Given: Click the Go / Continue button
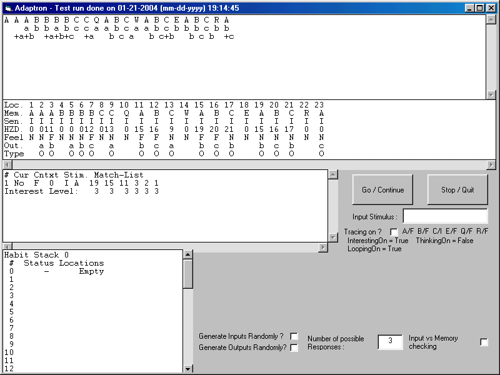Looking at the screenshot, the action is (x=382, y=190).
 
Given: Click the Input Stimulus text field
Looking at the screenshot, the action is (x=445, y=216).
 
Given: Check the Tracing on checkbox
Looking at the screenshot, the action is (x=394, y=232).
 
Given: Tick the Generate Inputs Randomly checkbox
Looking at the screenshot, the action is (x=294, y=336).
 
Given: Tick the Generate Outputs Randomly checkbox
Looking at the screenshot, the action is (x=294, y=347).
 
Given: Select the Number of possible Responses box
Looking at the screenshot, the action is (x=390, y=341).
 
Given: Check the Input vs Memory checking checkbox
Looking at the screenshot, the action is (x=484, y=342).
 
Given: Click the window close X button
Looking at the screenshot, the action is (x=491, y=8).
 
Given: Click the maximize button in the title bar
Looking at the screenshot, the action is (x=479, y=8).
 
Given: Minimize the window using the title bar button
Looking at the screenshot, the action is (x=469, y=8).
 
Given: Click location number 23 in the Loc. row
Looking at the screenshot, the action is (x=319, y=105).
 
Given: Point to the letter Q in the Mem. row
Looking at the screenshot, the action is (x=127, y=113).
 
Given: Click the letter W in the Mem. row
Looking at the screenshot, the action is (x=186, y=113).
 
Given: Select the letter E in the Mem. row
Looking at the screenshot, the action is (x=246, y=113).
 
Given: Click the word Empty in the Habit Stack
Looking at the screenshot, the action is (x=91, y=272).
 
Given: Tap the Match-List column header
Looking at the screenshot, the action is (x=119, y=175).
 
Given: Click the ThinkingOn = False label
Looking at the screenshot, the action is (x=444, y=241).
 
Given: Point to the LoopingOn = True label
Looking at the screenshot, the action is (x=374, y=249).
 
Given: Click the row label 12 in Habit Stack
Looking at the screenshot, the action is (x=9, y=369).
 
